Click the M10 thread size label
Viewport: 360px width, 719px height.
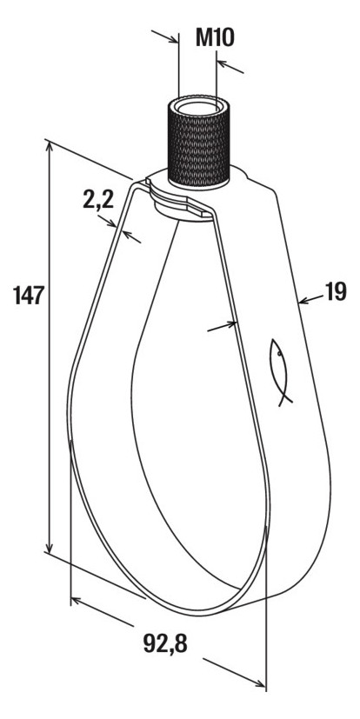[x=215, y=37]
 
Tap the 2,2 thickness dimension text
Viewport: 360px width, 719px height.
[x=98, y=199]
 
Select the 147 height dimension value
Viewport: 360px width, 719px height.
[x=29, y=295]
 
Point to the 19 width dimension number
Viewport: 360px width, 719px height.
[x=336, y=291]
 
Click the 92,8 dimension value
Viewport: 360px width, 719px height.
[x=165, y=644]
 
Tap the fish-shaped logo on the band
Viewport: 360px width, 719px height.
[x=280, y=372]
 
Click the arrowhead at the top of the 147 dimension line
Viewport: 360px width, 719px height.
[x=50, y=146]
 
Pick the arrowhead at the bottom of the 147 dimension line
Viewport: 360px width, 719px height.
[x=50, y=548]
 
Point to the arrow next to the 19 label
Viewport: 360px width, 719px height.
[x=310, y=299]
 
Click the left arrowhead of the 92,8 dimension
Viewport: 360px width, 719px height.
[x=77, y=600]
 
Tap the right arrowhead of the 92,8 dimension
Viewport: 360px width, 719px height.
[x=260, y=683]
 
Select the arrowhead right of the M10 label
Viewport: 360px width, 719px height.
[x=223, y=63]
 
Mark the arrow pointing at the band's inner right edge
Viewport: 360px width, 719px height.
[x=222, y=327]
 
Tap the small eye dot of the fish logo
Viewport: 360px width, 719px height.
[x=278, y=354]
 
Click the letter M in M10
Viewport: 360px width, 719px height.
[x=205, y=37]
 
